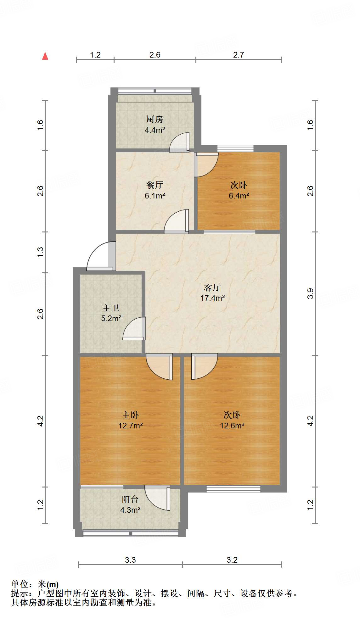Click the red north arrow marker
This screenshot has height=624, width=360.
(x=45, y=56)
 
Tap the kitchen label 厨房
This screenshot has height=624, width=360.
(x=155, y=120)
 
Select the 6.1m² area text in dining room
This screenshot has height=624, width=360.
(x=155, y=196)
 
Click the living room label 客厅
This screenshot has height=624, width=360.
(x=212, y=287)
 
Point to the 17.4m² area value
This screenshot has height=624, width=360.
(x=212, y=298)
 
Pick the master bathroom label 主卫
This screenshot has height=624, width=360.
(x=111, y=308)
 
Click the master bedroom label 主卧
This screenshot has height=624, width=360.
(x=130, y=415)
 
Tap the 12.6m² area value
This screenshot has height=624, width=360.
(x=232, y=426)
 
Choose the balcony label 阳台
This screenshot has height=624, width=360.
(x=130, y=499)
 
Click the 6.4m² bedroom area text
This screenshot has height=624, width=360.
(x=239, y=196)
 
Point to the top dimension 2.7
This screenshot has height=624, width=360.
(x=239, y=55)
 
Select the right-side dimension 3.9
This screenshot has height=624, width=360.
(x=310, y=293)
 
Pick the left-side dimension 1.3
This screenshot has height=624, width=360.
(x=40, y=252)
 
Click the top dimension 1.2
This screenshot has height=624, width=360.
(x=95, y=55)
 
